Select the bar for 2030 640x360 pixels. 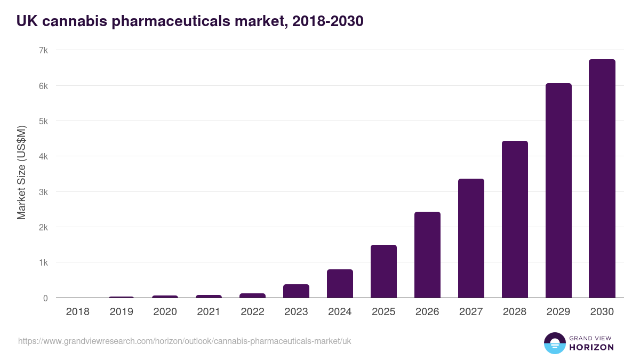coord(602,179)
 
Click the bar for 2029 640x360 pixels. coord(558,190)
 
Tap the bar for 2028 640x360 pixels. coord(515,219)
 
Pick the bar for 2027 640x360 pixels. coord(471,238)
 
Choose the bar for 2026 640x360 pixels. coord(427,255)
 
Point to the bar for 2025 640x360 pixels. coord(383,271)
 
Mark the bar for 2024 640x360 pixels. coord(340,284)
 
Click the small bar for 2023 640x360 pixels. coord(296,291)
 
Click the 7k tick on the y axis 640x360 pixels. coord(43,51)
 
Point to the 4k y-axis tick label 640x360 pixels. coord(43,157)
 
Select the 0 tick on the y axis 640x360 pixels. coord(45,298)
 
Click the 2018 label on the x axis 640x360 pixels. coord(77,312)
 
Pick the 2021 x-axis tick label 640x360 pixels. coord(209,312)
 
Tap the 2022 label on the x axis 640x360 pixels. coord(252,312)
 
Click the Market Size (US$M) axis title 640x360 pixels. coord(21,172)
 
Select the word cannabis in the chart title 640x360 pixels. coord(78,21)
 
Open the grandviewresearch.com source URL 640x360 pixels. coord(185,341)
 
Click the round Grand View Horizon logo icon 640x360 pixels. coord(554,343)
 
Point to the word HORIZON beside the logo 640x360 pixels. coord(591,347)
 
